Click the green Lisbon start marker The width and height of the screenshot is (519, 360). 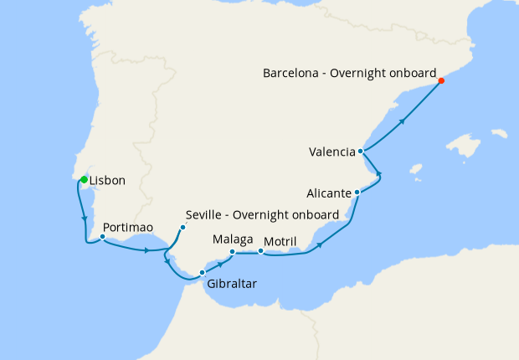pos(84,179)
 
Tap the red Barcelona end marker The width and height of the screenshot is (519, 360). pos(441,81)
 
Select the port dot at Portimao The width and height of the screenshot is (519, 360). pos(102,236)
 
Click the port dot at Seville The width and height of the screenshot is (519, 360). pos(182,227)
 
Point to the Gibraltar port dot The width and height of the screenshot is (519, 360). pos(202,272)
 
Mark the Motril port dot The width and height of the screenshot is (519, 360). pos(260,250)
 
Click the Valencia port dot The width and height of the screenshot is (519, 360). pos(360,152)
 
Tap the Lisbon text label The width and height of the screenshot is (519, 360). pos(107,181)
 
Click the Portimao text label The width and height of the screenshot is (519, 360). pos(127,227)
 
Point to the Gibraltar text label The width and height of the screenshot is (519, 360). pos(231,284)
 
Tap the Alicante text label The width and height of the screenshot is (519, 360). pos(329,193)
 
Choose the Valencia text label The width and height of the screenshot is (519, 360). pos(331,152)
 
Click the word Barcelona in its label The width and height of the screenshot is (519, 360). pos(294,73)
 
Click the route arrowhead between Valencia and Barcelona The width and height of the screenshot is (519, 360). pos(403,121)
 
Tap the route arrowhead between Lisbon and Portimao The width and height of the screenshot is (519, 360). pos(85,219)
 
